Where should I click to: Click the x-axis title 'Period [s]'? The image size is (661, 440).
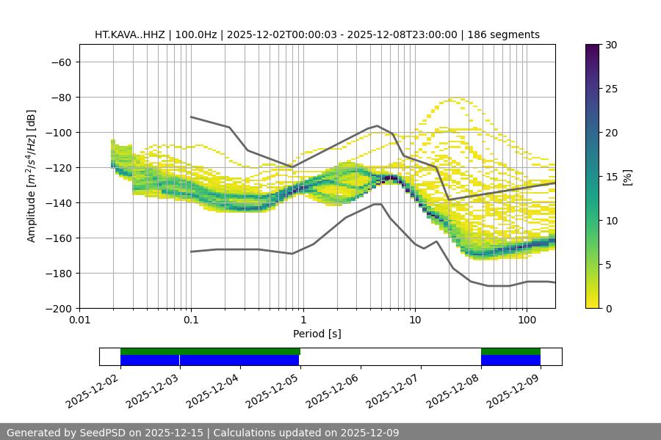point(317,334)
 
